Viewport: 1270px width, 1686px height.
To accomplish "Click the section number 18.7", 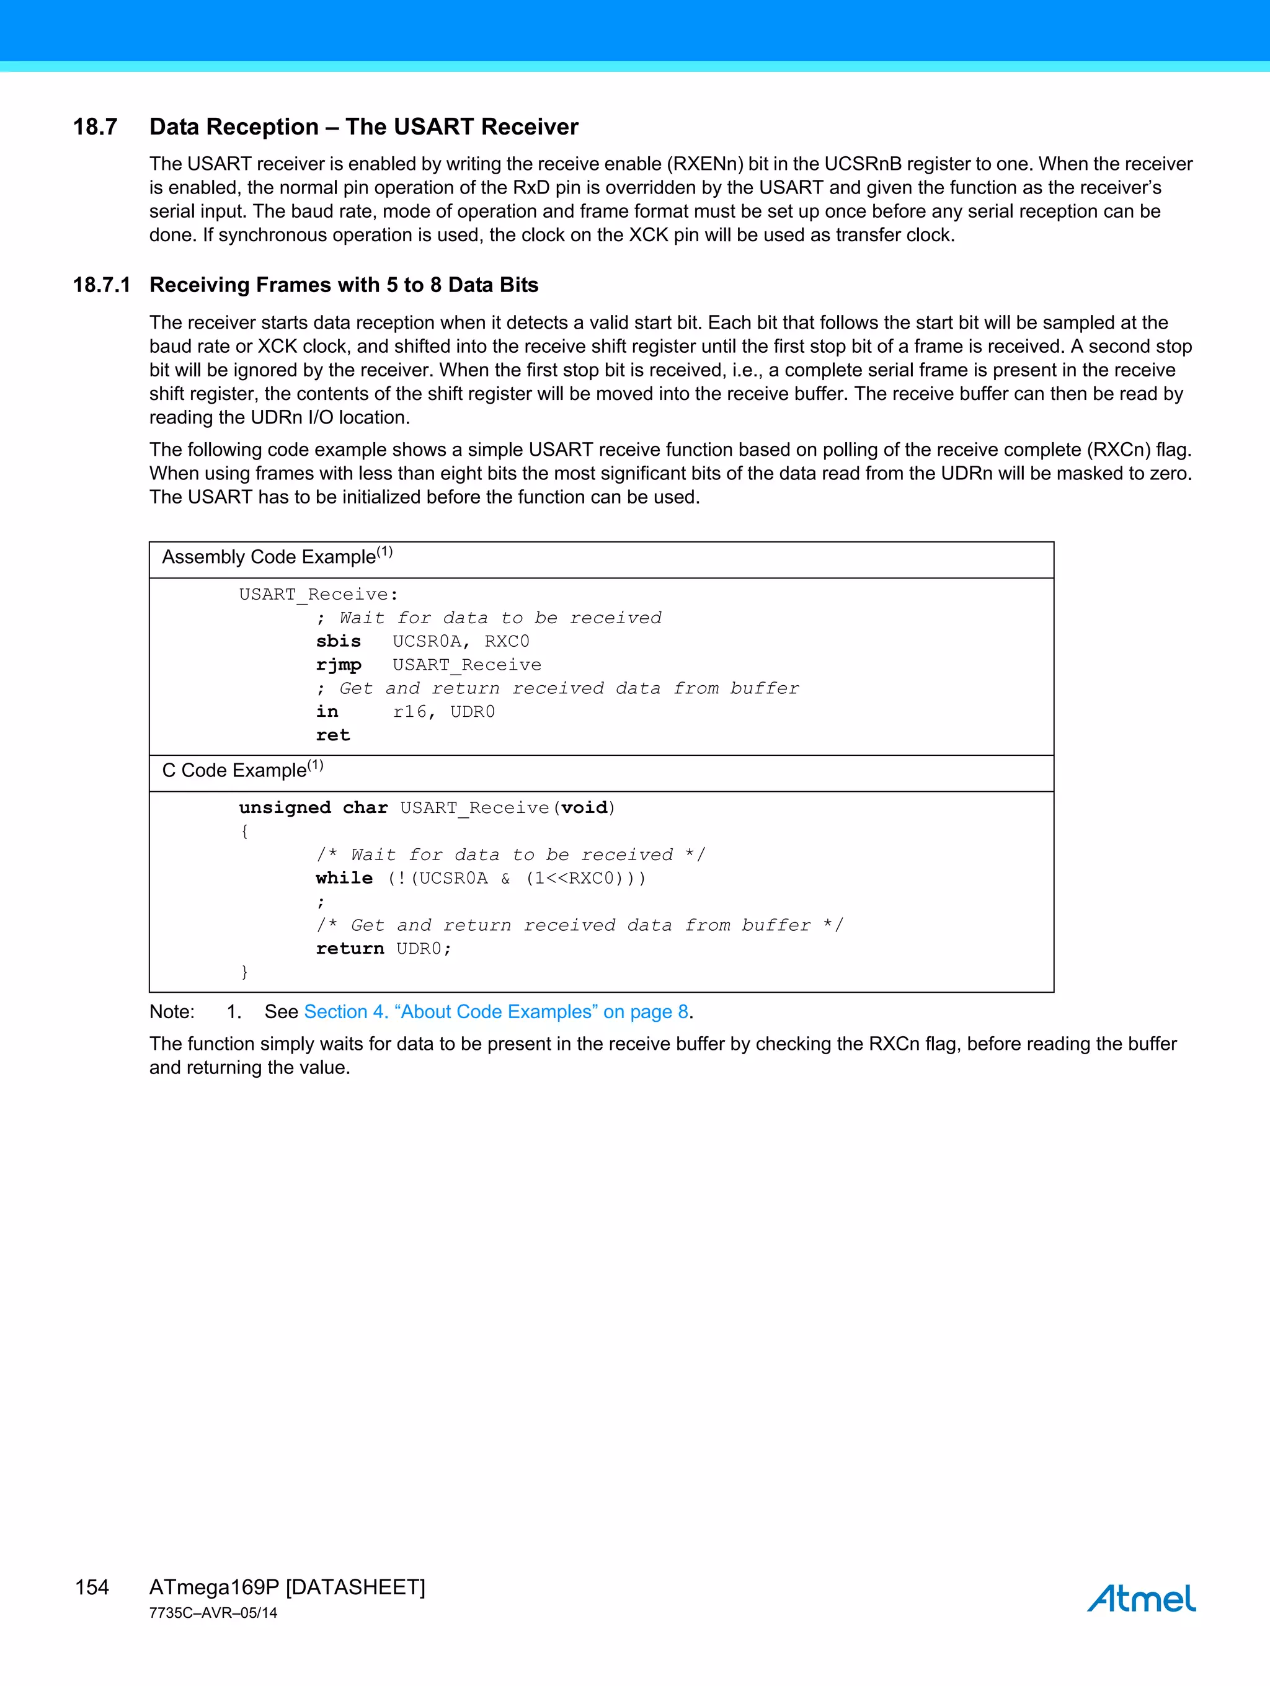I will (x=95, y=126).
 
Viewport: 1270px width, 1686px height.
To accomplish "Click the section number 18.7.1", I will (x=101, y=285).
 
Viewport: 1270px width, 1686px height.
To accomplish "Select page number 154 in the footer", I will (x=92, y=1587).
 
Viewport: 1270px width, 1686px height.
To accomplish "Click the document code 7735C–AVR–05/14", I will (x=213, y=1613).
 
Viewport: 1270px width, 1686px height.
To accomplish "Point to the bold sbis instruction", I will (x=339, y=642).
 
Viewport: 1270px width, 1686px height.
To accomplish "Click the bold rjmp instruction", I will (x=339, y=665).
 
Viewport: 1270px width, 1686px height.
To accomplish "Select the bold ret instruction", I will (x=333, y=735).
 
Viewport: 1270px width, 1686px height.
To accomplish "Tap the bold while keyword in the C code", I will (x=344, y=878).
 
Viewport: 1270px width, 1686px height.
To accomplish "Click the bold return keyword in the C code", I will (x=350, y=949).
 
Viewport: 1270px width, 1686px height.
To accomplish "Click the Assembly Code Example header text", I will (x=269, y=557).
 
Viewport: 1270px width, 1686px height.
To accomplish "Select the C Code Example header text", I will (x=235, y=771).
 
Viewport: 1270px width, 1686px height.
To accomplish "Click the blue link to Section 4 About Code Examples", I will (x=495, y=1012).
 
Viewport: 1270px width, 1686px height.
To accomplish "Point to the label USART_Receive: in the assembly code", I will (x=319, y=595).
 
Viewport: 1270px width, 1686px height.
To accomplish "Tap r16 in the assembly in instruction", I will (x=410, y=712).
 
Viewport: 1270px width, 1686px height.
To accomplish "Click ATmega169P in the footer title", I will (x=214, y=1587).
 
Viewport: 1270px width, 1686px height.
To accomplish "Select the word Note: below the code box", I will (x=172, y=1012).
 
